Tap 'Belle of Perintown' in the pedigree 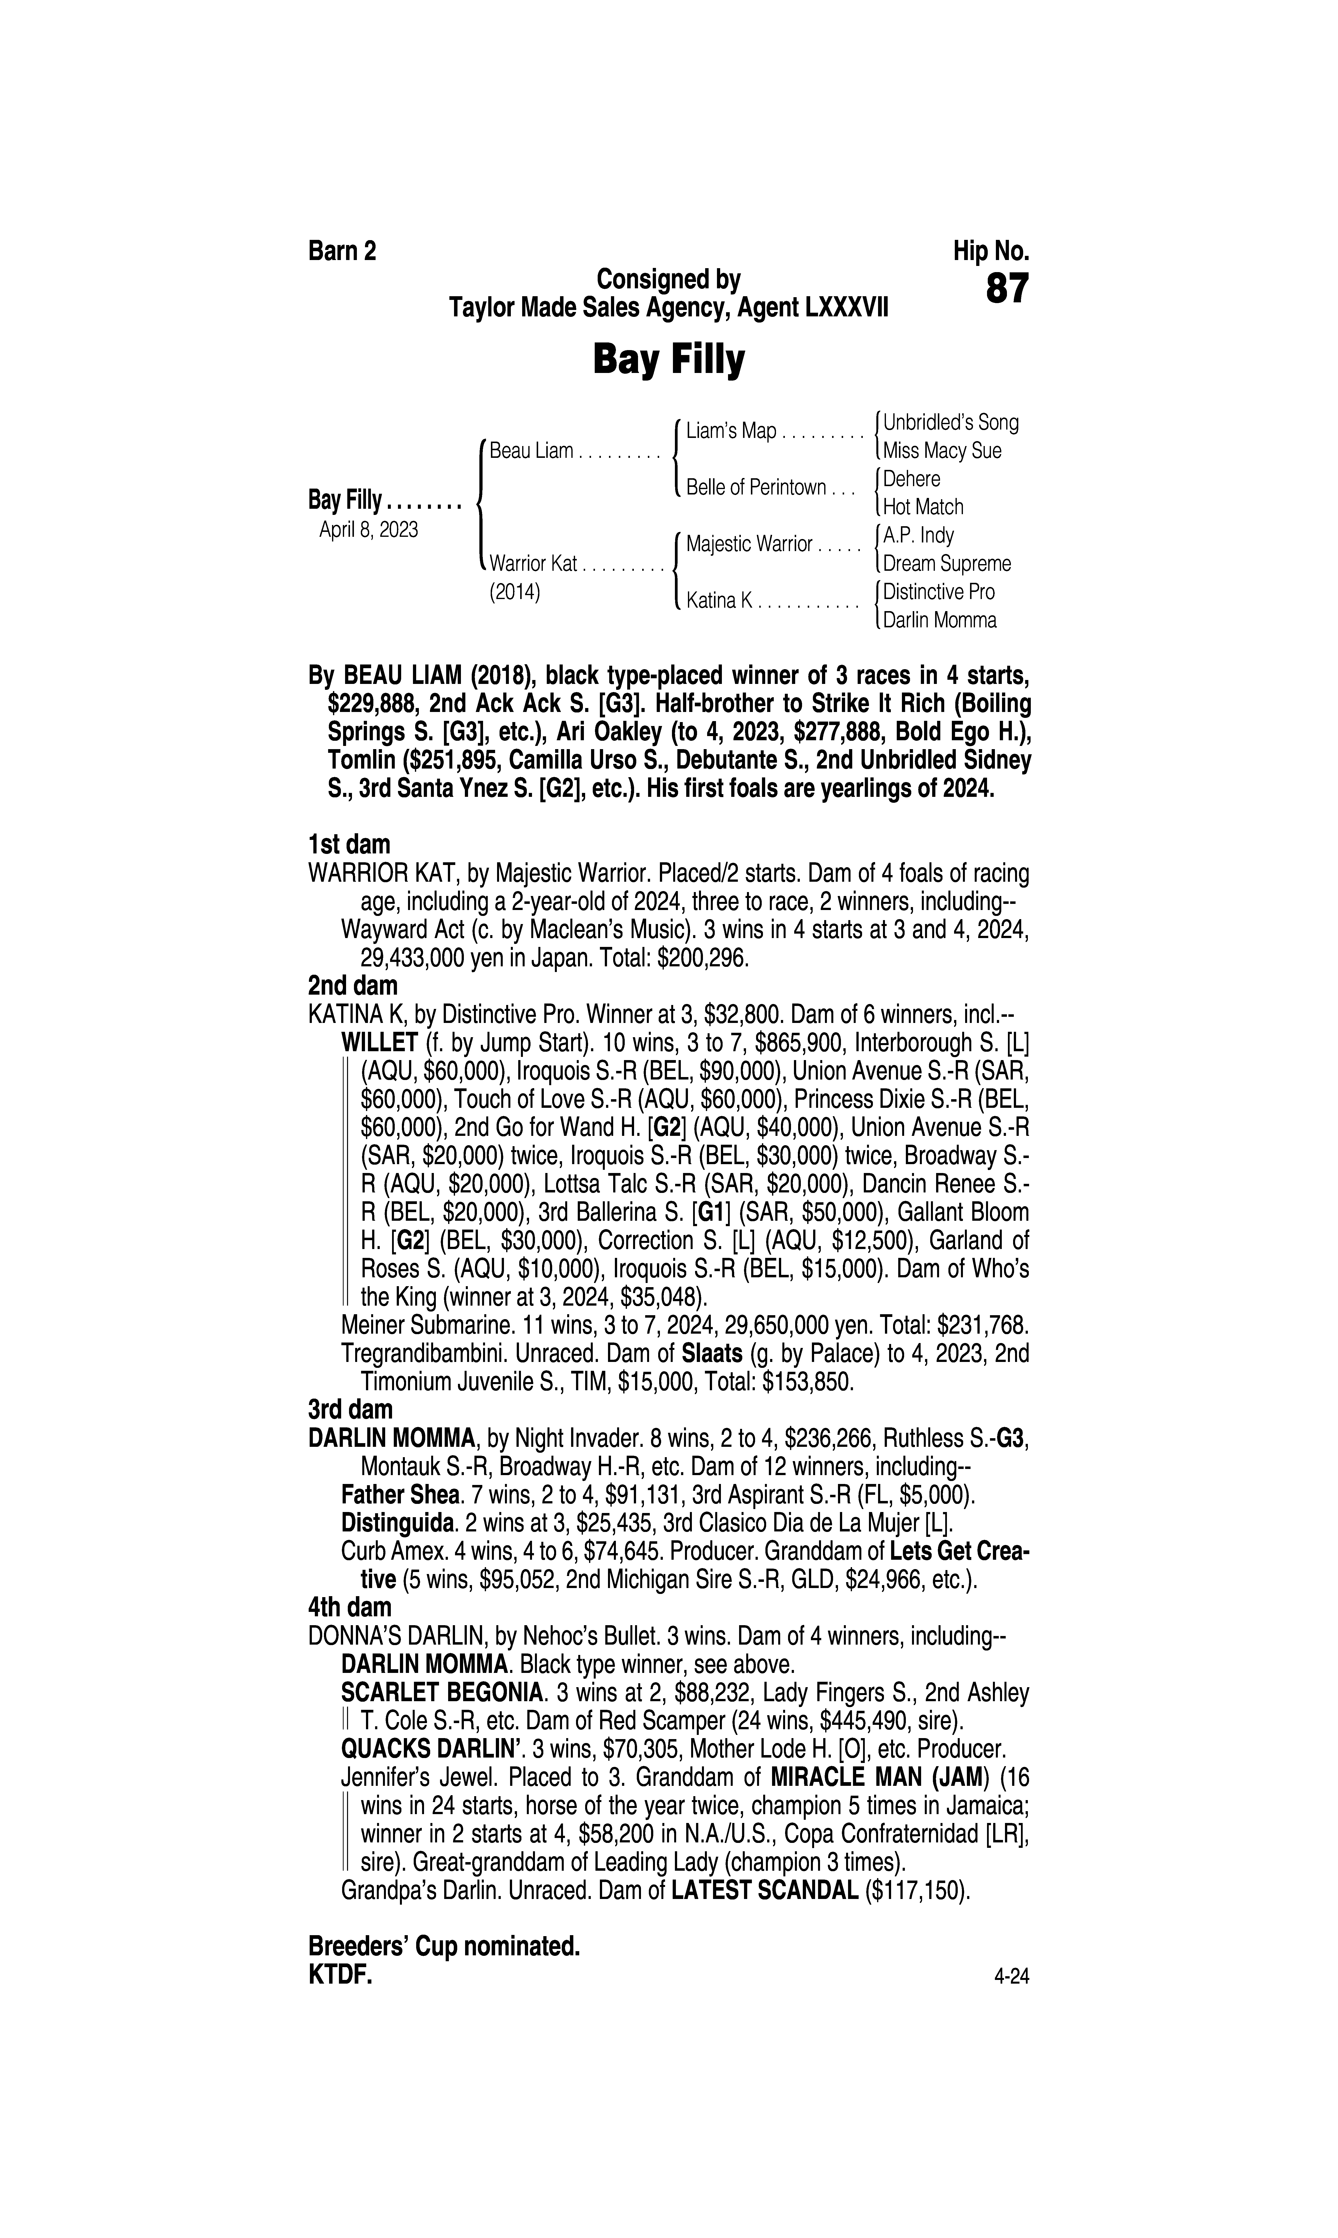(756, 488)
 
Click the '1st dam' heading (349, 845)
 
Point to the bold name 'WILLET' (379, 1043)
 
